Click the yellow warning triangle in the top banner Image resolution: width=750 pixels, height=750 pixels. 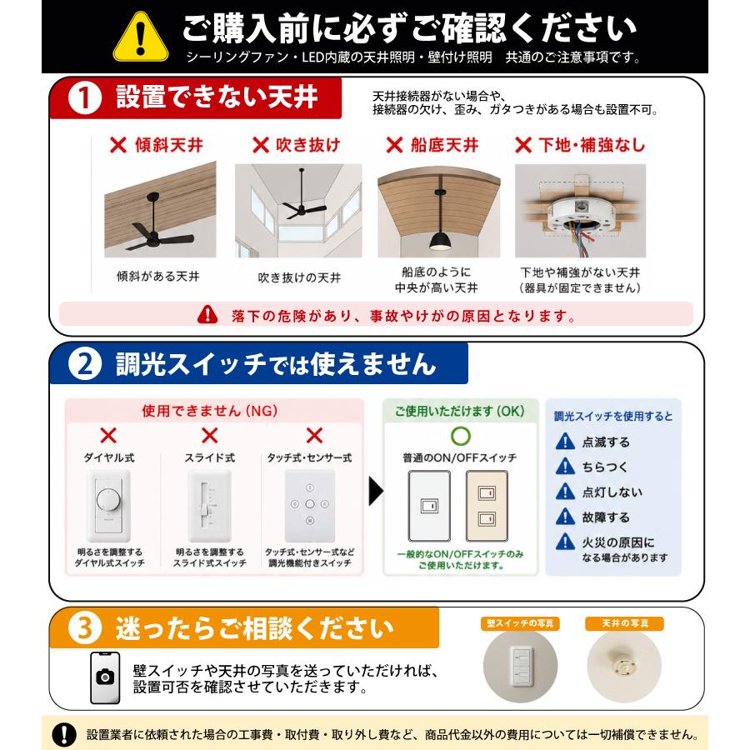141,37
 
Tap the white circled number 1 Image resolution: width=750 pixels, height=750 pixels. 85,97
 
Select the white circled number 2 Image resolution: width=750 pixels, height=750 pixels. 85,363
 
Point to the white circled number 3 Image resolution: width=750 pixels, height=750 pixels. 85,628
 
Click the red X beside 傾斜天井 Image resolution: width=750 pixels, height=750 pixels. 118,145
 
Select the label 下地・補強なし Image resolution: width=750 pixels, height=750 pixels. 592,145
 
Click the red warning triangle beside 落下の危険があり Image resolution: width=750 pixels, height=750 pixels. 207,315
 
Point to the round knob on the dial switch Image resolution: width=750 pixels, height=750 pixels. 108,500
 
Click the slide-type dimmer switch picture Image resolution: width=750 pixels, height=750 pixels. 209,506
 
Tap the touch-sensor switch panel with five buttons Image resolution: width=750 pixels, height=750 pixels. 309,506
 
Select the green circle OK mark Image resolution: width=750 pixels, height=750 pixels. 461,435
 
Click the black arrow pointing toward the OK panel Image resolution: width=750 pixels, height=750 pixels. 376,491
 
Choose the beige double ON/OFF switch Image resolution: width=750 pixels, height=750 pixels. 487,506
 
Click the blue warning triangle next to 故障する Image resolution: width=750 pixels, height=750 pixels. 565,517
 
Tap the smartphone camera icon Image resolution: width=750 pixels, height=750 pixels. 105,677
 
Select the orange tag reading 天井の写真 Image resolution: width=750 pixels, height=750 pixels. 624,623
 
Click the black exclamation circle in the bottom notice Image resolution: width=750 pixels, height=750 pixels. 64,733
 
